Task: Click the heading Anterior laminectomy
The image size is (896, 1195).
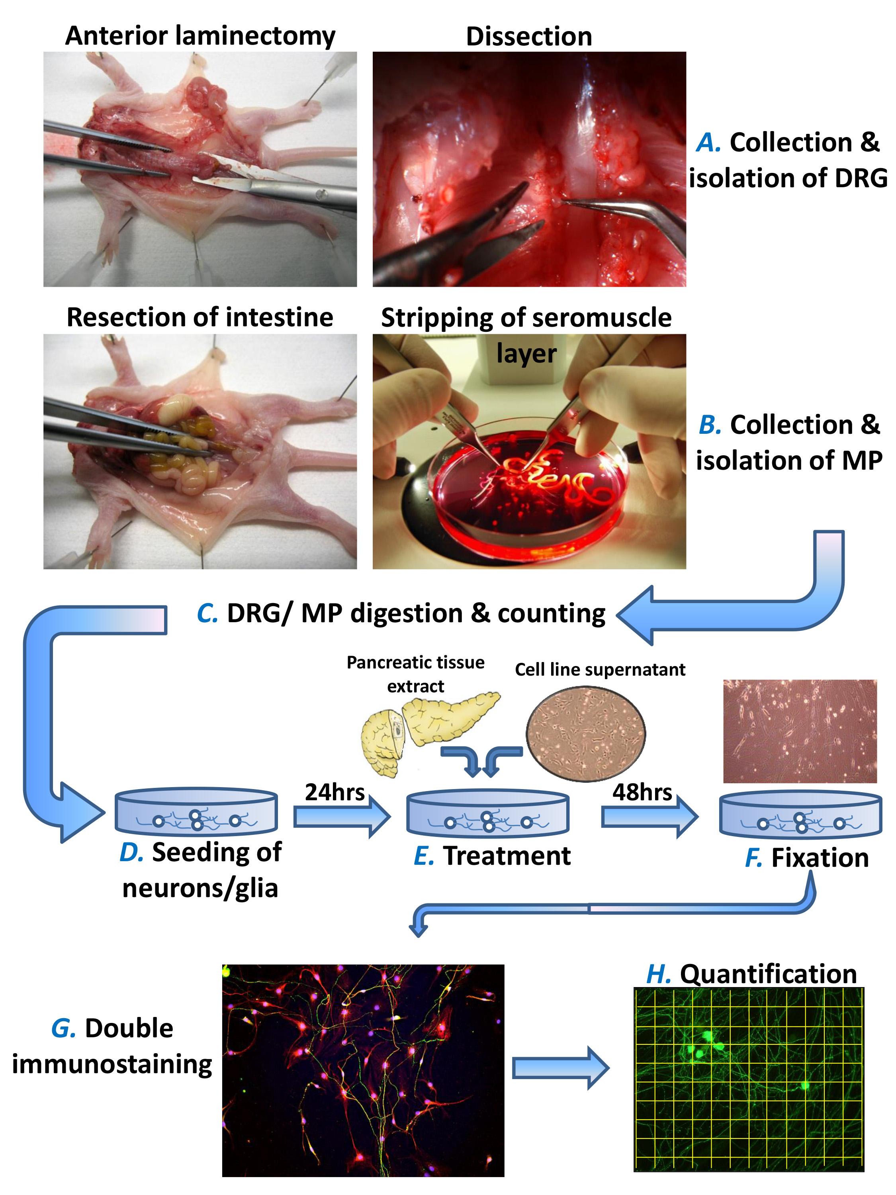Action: pyautogui.click(x=200, y=36)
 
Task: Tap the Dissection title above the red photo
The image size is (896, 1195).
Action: pyautogui.click(x=529, y=37)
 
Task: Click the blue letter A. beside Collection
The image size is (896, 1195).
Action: pyautogui.click(x=708, y=143)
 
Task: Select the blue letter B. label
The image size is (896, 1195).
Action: pyautogui.click(x=710, y=425)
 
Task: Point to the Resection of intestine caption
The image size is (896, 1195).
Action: pyautogui.click(x=200, y=317)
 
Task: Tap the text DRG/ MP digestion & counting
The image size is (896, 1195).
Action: pyautogui.click(x=416, y=613)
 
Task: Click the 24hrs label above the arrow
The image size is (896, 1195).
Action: pyautogui.click(x=335, y=792)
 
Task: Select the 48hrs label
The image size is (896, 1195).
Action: pyautogui.click(x=642, y=792)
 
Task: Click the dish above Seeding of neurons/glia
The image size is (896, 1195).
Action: pyautogui.click(x=197, y=811)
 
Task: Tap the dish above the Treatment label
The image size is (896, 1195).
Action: pyautogui.click(x=488, y=813)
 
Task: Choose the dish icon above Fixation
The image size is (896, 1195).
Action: pyautogui.click(x=800, y=813)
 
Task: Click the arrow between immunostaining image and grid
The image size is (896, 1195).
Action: pyautogui.click(x=561, y=1068)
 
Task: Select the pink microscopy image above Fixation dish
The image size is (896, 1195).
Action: pyautogui.click(x=800, y=731)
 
